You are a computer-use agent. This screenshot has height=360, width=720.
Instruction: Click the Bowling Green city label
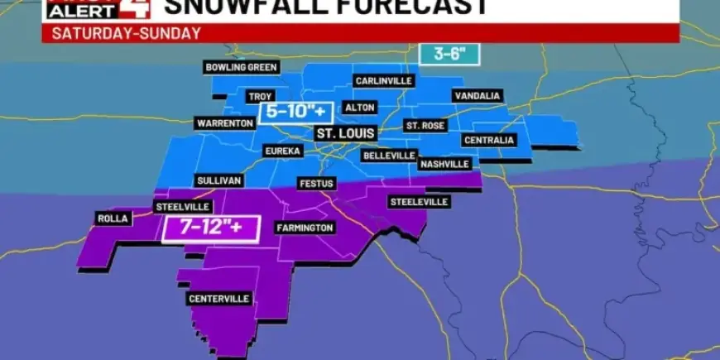pyautogui.click(x=242, y=67)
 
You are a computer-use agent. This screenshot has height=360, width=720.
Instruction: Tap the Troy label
pyautogui.click(x=261, y=97)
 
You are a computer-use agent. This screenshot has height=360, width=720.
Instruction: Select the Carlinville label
pyautogui.click(x=385, y=81)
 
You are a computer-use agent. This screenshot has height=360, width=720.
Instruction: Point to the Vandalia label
pyautogui.click(x=478, y=96)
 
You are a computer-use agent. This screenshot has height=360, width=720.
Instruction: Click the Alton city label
pyautogui.click(x=361, y=108)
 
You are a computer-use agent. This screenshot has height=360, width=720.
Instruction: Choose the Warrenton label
pyautogui.click(x=224, y=123)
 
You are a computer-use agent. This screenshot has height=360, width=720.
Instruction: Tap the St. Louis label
pyautogui.click(x=345, y=132)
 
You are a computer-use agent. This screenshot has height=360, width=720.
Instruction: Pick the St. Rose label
pyautogui.click(x=425, y=126)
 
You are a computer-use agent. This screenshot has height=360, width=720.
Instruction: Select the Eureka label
pyautogui.click(x=282, y=151)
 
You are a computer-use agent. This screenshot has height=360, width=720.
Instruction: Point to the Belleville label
pyautogui.click(x=388, y=156)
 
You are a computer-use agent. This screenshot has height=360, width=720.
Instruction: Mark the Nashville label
pyautogui.click(x=445, y=164)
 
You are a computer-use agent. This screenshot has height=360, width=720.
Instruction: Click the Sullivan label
pyautogui.click(x=218, y=180)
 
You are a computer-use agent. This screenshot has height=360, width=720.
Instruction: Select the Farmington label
pyautogui.click(x=305, y=228)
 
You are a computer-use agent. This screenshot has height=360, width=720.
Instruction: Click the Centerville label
pyautogui.click(x=220, y=299)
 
